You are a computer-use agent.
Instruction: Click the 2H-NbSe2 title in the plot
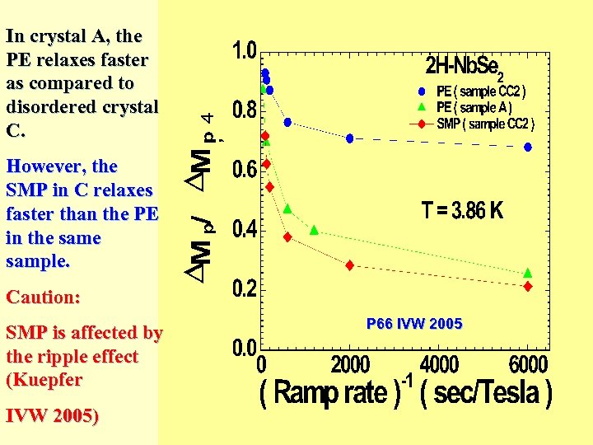click(477, 66)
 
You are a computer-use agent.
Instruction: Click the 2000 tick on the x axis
click(350, 364)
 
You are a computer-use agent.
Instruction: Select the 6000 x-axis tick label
click(528, 364)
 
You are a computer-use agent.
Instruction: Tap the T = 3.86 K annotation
click(462, 211)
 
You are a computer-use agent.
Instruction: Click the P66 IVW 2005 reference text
click(414, 324)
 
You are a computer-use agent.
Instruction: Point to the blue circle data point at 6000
click(528, 147)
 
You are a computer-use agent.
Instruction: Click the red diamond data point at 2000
click(350, 265)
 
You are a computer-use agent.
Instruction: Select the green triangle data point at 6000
click(528, 273)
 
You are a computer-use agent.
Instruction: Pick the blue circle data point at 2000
click(350, 138)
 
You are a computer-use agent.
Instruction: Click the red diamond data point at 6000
click(528, 286)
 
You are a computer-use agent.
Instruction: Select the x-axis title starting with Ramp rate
click(406, 392)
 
